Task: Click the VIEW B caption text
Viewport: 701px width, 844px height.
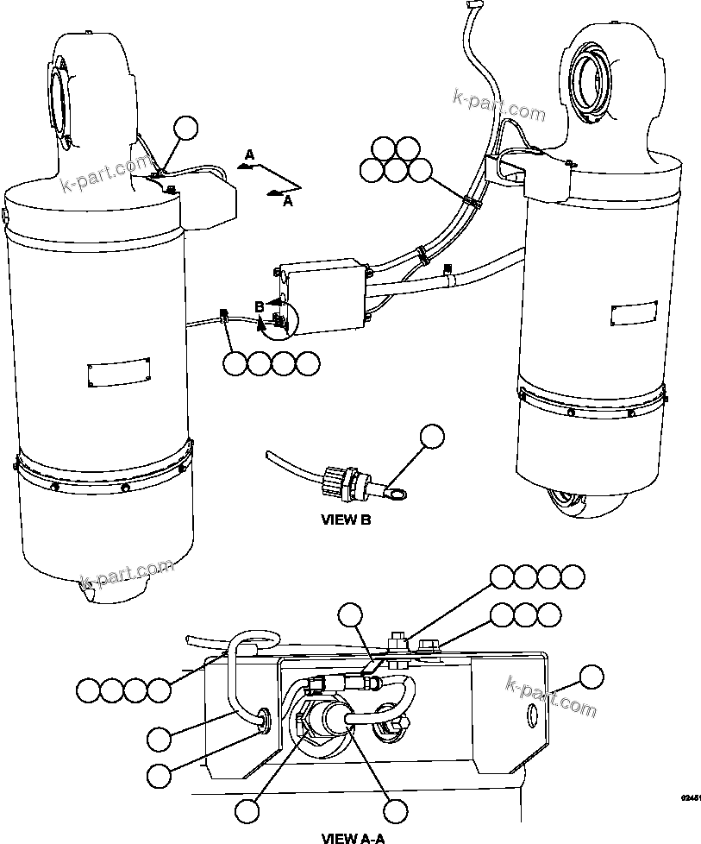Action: pos(346,520)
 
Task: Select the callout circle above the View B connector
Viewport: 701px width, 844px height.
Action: pos(433,437)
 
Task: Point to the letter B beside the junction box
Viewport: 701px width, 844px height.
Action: pos(259,305)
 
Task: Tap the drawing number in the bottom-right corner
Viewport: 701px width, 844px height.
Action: pos(689,799)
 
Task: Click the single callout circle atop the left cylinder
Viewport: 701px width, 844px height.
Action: pos(185,129)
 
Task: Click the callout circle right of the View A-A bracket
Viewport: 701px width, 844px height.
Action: pos(591,677)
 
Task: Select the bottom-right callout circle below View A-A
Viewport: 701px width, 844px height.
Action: pos(395,810)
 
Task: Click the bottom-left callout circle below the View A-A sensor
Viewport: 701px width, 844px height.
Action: pos(248,810)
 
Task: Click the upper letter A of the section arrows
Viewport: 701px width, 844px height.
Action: pos(249,154)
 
